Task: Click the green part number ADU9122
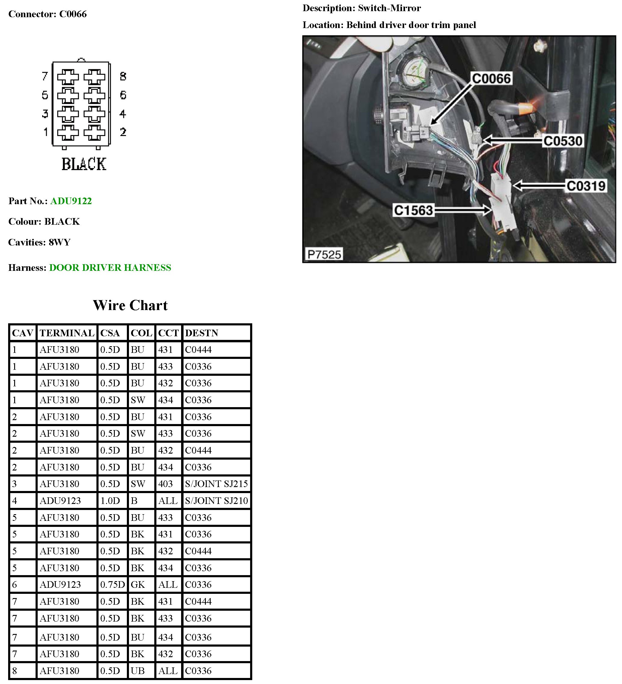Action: [71, 201]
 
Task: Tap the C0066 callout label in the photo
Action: [491, 79]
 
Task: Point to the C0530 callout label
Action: [563, 141]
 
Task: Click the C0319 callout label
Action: [586, 186]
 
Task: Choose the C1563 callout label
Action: [413, 211]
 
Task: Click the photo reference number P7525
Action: [324, 254]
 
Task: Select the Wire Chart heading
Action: [130, 305]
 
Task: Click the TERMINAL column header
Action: [67, 333]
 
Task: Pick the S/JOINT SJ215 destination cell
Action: [216, 484]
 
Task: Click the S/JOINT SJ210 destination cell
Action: [216, 500]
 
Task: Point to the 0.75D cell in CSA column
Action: [112, 584]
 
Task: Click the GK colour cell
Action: [138, 584]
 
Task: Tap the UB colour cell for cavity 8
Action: [138, 671]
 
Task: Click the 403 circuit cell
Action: [165, 484]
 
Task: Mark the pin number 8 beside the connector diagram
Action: [123, 76]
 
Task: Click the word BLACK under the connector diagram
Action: [84, 164]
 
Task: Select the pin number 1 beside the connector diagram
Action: [46, 132]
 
